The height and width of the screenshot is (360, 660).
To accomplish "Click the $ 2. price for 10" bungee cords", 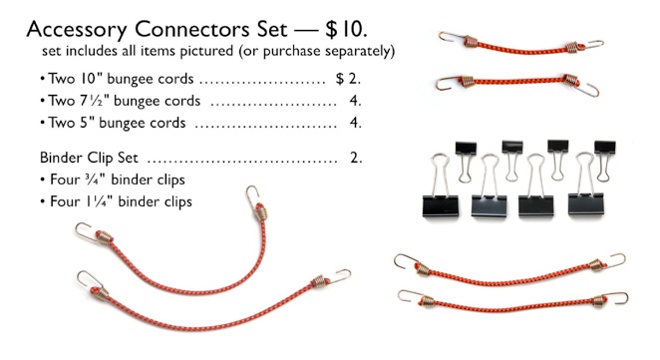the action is coord(349,78).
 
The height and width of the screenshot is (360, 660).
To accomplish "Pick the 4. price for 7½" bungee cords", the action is coord(356,101).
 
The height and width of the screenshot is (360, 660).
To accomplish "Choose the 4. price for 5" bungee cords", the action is coord(356,124).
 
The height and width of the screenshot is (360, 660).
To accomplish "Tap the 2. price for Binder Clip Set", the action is coord(356,158).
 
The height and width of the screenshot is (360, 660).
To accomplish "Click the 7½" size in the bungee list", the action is coord(89,101).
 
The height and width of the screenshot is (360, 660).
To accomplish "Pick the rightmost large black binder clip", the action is coord(587,199).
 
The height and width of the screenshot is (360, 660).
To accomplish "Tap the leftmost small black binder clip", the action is coord(466,149).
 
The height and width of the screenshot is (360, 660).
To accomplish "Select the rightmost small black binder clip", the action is coord(605,149).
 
